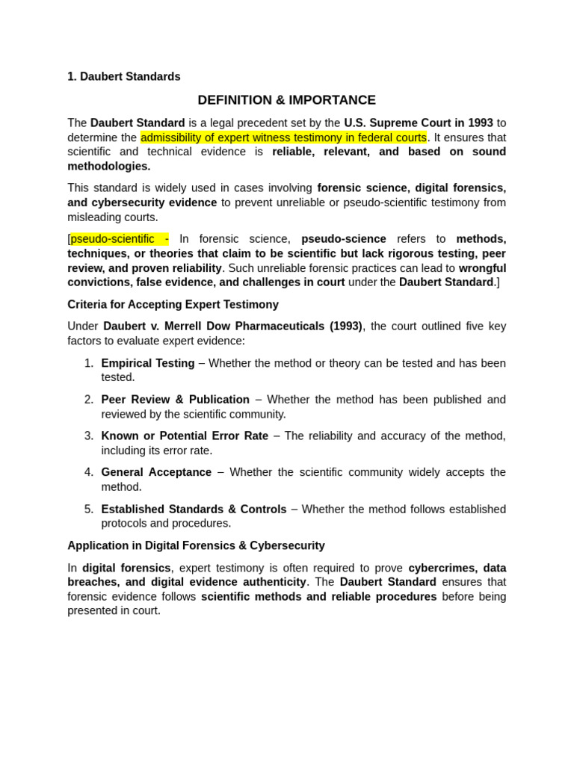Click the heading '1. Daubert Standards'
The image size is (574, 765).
point(124,76)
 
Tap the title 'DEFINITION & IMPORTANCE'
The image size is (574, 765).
point(286,100)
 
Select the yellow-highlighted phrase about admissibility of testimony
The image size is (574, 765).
point(283,137)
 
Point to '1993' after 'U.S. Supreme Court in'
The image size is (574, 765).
point(479,123)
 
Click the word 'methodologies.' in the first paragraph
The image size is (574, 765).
point(109,167)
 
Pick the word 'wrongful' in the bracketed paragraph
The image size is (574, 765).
point(482,268)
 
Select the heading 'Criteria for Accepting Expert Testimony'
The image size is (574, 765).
point(173,305)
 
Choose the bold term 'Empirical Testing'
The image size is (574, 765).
point(148,363)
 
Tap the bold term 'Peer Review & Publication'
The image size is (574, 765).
point(176,400)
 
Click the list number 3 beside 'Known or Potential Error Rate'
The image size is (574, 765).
point(89,436)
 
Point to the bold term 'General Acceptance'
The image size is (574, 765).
point(156,472)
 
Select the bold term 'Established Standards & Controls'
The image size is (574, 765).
point(194,509)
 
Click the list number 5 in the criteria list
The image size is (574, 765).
point(89,509)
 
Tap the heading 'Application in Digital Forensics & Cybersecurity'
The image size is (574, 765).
point(196,545)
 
